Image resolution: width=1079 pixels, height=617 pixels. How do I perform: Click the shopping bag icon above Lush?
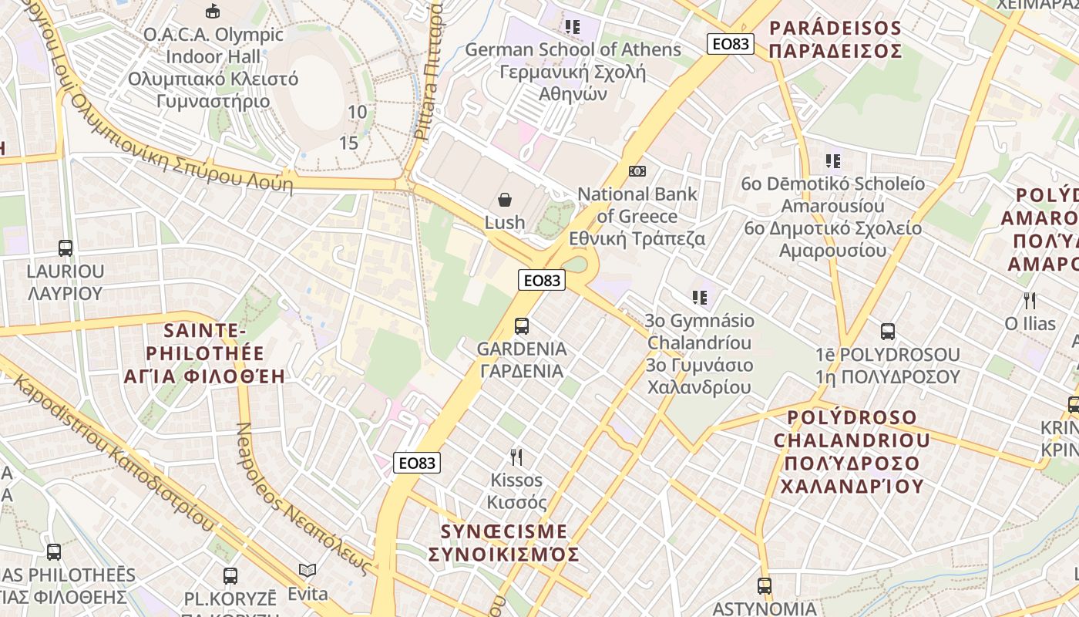pos(505,201)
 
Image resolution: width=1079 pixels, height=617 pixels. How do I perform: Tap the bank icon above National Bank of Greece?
pos(637,171)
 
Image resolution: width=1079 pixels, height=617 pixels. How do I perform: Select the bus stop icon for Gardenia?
pos(522,326)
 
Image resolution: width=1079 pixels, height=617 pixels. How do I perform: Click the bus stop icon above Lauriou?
pos(66,248)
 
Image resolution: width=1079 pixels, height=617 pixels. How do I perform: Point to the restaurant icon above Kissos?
pos(516,457)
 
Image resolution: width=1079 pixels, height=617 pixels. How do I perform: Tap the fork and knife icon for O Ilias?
pos(1029,300)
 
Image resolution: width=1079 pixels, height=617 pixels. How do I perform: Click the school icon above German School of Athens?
pos(572,27)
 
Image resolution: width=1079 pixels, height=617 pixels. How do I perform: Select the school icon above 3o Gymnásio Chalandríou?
pos(699,297)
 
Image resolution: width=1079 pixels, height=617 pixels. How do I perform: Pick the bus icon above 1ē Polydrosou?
pos(888,332)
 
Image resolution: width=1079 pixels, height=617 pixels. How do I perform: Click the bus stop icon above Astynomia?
pos(764,586)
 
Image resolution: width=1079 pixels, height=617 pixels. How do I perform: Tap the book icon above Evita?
pos(308,571)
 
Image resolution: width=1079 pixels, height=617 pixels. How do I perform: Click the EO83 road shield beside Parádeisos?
pos(730,44)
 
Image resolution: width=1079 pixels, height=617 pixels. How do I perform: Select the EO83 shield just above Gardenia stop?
pos(542,281)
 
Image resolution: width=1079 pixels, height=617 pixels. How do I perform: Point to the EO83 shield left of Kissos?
pos(417,463)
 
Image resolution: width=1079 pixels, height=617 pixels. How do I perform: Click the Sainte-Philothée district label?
pos(204,354)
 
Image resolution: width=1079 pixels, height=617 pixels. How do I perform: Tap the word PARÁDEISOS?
pos(835,29)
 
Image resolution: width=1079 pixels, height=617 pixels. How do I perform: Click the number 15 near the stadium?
pos(349,143)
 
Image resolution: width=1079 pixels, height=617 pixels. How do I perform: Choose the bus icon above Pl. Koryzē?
pos(230,576)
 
